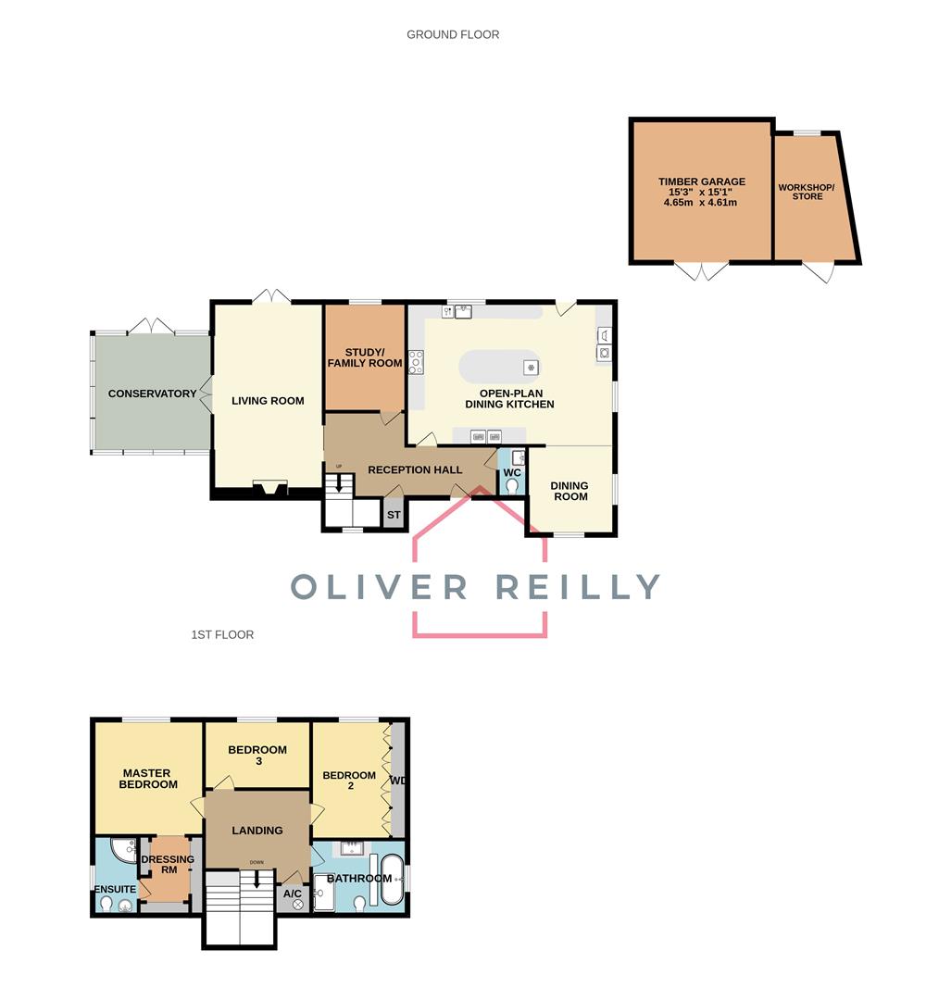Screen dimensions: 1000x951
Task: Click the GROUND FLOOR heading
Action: [453, 35]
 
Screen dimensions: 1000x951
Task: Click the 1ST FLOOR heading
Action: [222, 635]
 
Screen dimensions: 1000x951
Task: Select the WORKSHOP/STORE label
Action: [806, 192]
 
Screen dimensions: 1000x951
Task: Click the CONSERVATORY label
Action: [152, 394]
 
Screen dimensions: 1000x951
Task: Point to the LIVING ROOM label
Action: [268, 401]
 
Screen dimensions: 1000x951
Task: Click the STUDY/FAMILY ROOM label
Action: [365, 357]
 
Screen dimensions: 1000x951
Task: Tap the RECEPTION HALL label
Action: [414, 469]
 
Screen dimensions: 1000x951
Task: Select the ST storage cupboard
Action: [394, 515]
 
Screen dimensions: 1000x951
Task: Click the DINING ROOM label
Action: [569, 491]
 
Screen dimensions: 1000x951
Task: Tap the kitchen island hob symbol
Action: [531, 368]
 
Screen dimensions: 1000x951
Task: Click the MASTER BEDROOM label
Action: [149, 779]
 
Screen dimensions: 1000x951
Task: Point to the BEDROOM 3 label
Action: [257, 756]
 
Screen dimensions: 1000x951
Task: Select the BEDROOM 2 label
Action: [348, 781]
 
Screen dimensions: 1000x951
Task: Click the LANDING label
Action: [257, 831]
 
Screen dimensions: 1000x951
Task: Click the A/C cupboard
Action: [293, 897]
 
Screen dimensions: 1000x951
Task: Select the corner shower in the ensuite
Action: [123, 850]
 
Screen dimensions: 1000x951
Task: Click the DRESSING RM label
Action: [168, 865]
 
